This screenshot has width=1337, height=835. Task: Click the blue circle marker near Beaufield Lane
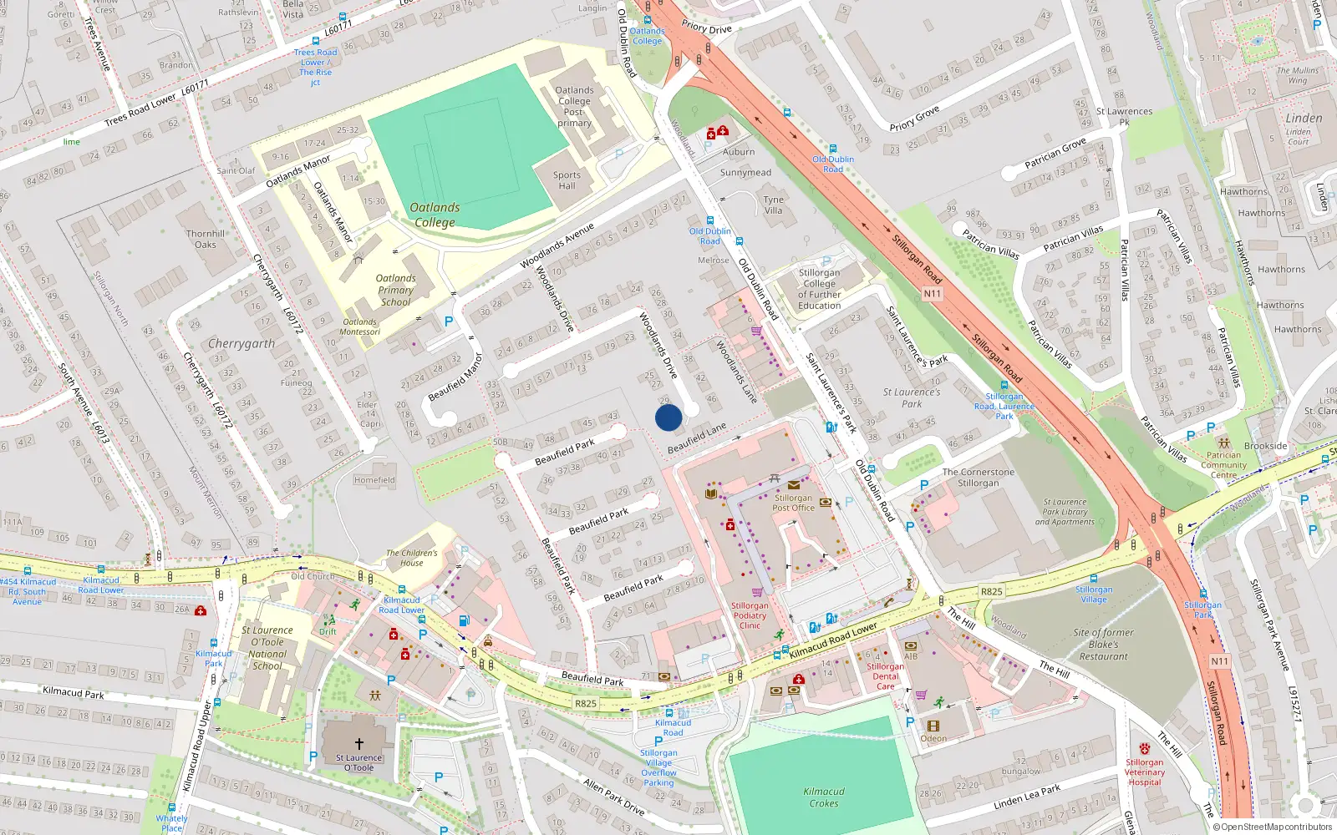click(668, 417)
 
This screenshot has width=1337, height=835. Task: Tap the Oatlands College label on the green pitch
click(435, 215)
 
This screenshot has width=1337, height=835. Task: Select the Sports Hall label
click(567, 180)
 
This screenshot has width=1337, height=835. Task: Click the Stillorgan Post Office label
click(793, 503)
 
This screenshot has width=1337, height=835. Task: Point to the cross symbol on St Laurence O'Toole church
click(359, 743)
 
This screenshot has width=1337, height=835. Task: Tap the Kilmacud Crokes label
click(824, 797)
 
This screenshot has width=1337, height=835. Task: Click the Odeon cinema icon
click(933, 726)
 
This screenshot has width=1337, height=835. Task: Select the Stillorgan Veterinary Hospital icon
click(1144, 749)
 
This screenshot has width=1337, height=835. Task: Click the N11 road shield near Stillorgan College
click(933, 293)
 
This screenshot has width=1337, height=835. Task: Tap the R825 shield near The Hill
click(991, 591)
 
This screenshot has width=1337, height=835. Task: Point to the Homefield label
click(374, 480)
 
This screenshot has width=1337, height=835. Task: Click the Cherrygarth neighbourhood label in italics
click(241, 344)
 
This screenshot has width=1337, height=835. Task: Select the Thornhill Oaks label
click(206, 239)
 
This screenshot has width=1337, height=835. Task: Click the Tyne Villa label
click(774, 205)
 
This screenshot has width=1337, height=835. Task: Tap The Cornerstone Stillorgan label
click(979, 478)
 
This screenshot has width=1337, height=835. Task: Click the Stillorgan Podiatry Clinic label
click(750, 615)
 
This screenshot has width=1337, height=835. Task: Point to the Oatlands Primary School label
click(395, 290)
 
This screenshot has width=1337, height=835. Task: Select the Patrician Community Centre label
click(1224, 465)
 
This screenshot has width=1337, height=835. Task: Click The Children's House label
click(411, 557)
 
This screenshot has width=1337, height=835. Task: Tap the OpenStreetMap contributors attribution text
click(1272, 827)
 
